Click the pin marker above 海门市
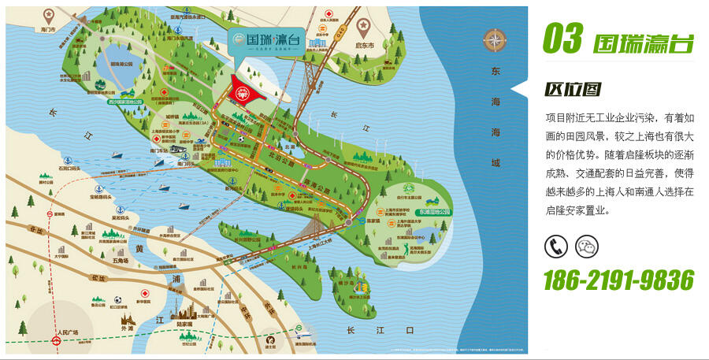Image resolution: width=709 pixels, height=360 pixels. [x=50, y=14]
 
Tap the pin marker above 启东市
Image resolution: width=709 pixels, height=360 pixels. [x=363, y=25]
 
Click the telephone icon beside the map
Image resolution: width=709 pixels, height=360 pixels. [x=555, y=247]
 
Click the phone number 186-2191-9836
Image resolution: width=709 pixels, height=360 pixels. [x=618, y=280]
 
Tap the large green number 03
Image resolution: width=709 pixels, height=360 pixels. [x=562, y=39]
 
